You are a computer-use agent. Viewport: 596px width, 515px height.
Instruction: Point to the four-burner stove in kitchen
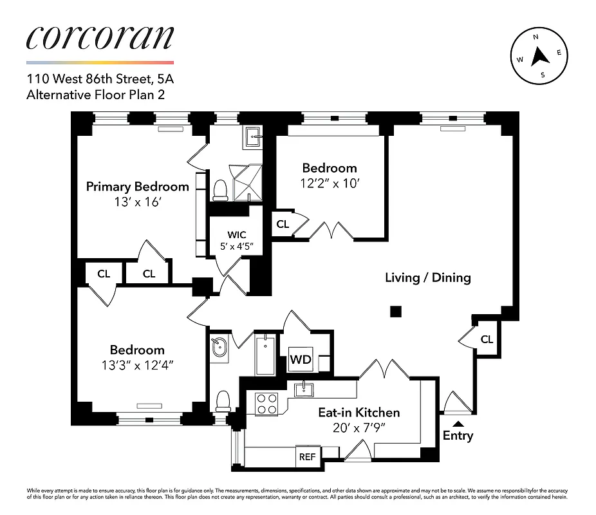(x=266, y=404)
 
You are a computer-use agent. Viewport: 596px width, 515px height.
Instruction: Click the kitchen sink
(x=303, y=389)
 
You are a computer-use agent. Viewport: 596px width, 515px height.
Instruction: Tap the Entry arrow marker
(x=458, y=422)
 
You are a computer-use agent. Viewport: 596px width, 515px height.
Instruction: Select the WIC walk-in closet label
(x=236, y=234)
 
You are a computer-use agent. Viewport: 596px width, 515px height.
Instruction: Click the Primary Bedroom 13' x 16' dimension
(x=137, y=201)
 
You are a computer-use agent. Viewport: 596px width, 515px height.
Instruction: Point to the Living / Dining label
(x=427, y=278)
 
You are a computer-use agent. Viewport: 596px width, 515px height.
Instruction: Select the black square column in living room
(x=396, y=312)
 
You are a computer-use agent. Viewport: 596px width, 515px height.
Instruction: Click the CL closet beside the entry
(x=487, y=339)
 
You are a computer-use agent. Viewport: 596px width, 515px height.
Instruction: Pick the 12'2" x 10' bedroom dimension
(x=330, y=182)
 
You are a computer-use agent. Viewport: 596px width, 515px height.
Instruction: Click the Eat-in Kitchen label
(x=359, y=412)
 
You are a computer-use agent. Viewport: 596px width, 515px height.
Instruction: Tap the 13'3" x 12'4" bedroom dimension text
(x=137, y=364)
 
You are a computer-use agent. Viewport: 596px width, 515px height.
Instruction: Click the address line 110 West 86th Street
(x=100, y=80)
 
